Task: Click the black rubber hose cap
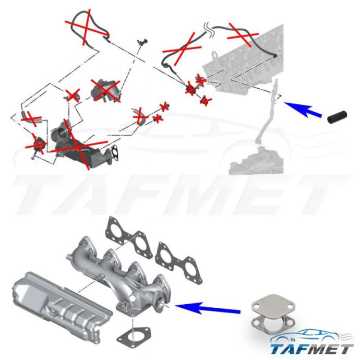pyautogui.click(x=337, y=117)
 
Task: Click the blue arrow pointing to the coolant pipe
pyautogui.click(x=303, y=109)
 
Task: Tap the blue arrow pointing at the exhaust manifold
pyautogui.click(x=208, y=308)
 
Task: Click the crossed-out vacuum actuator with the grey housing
pyautogui.click(x=105, y=90)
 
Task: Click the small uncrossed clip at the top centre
pyautogui.click(x=142, y=42)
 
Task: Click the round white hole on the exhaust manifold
pyautogui.click(x=133, y=299)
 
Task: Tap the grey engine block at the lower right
pyautogui.click(x=256, y=161)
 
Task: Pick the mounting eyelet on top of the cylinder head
pyautogui.click(x=214, y=55)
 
